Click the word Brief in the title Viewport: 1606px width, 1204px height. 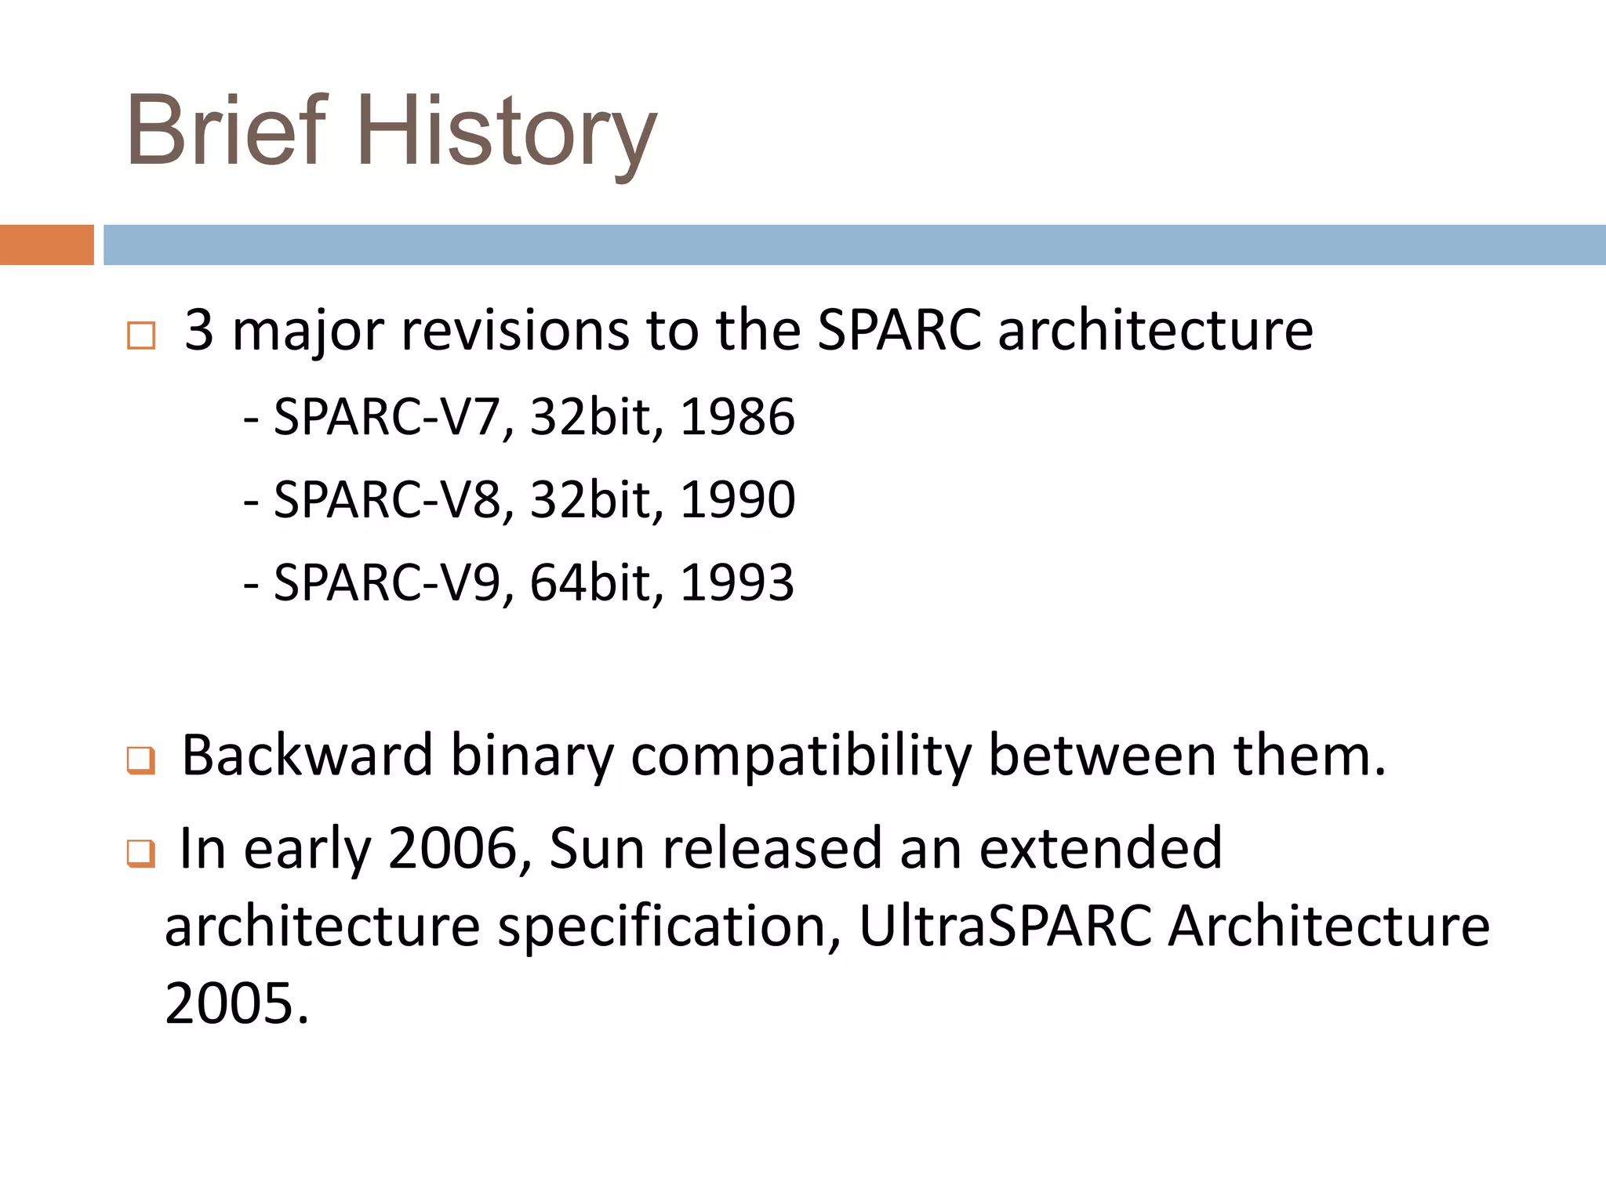tap(226, 131)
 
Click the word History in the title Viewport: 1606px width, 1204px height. tap(507, 133)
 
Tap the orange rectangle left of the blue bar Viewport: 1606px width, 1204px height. tap(46, 245)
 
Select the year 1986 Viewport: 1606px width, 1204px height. tap(737, 416)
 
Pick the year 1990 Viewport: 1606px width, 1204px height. tap(737, 499)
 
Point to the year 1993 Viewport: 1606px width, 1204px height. tap(737, 582)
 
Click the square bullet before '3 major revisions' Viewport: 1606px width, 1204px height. tap(141, 335)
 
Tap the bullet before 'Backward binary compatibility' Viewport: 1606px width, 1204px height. tap(141, 760)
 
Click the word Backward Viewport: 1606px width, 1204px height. tap(307, 756)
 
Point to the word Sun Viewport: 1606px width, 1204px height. tap(597, 849)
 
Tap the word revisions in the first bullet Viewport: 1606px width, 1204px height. tap(515, 330)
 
